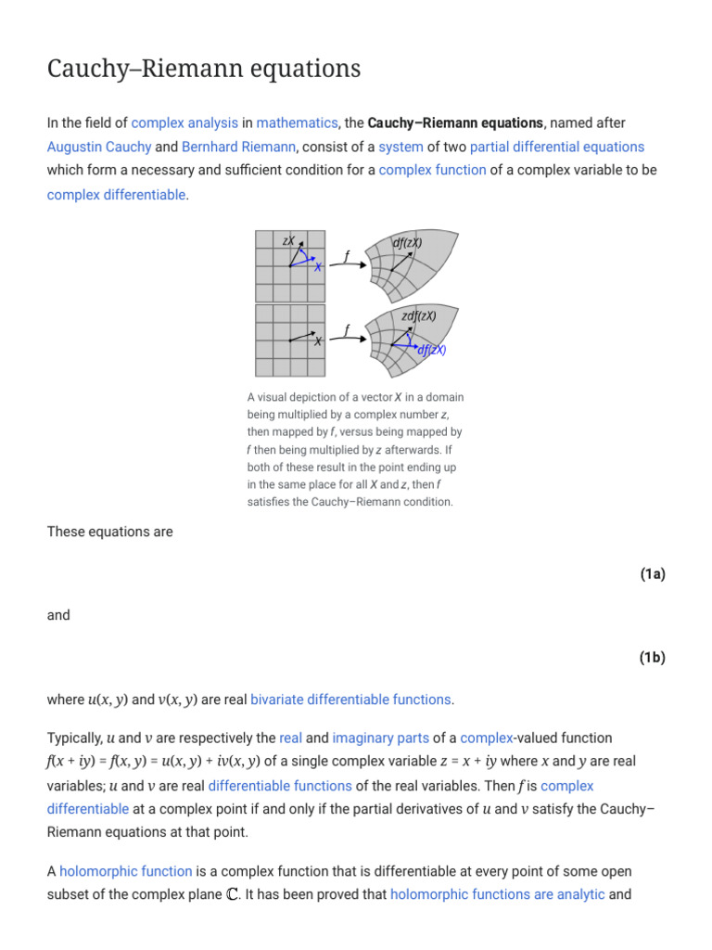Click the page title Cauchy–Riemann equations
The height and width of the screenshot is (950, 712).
pos(203,70)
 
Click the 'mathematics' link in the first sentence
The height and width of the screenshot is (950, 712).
pos(297,122)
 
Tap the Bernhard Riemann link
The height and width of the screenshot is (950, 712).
pos(238,147)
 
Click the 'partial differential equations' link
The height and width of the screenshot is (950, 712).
pos(556,147)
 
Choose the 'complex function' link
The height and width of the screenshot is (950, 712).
pos(432,171)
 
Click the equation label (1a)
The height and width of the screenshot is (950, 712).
pos(652,574)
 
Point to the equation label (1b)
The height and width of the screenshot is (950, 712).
pos(652,658)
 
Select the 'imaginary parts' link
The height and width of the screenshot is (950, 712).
pos(380,738)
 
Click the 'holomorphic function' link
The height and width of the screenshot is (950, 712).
pos(126,871)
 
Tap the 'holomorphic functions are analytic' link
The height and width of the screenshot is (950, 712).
pos(498,895)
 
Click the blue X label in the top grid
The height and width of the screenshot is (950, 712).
pos(317,267)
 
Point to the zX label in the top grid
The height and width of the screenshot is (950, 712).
pos(289,241)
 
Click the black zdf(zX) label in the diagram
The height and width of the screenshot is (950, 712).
pos(418,316)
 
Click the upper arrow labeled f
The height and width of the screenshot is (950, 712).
pos(347,260)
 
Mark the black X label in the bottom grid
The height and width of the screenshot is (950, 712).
pos(317,341)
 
